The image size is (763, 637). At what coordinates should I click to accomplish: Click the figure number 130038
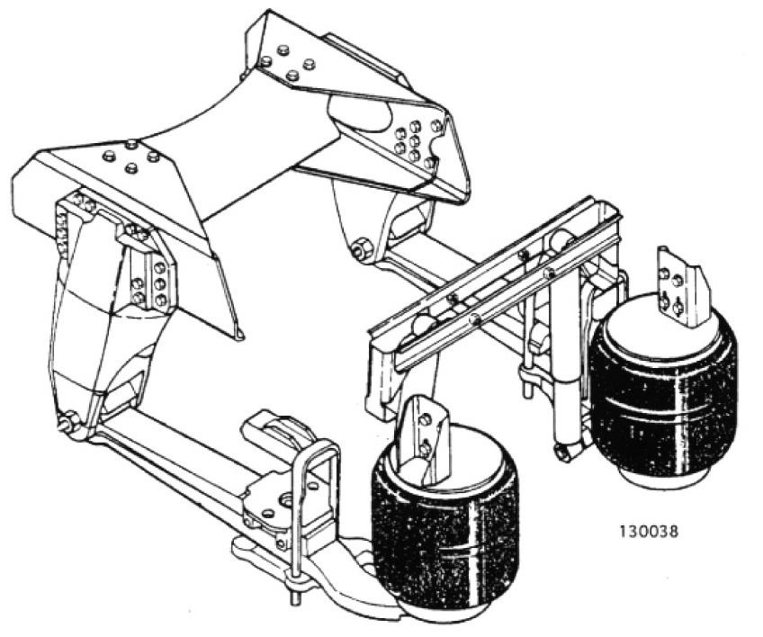coord(648,531)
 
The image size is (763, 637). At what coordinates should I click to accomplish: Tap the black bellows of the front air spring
coord(444,516)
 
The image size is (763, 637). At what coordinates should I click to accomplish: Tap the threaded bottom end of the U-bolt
coord(294,595)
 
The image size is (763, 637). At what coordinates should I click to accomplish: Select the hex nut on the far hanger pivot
coord(362,247)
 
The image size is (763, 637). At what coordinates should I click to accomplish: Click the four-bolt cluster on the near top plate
coord(130,157)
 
